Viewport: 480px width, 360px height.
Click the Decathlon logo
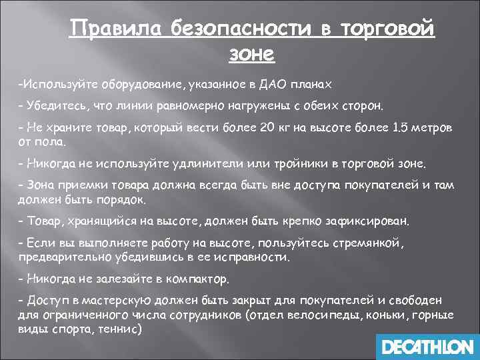[x=426, y=347]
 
